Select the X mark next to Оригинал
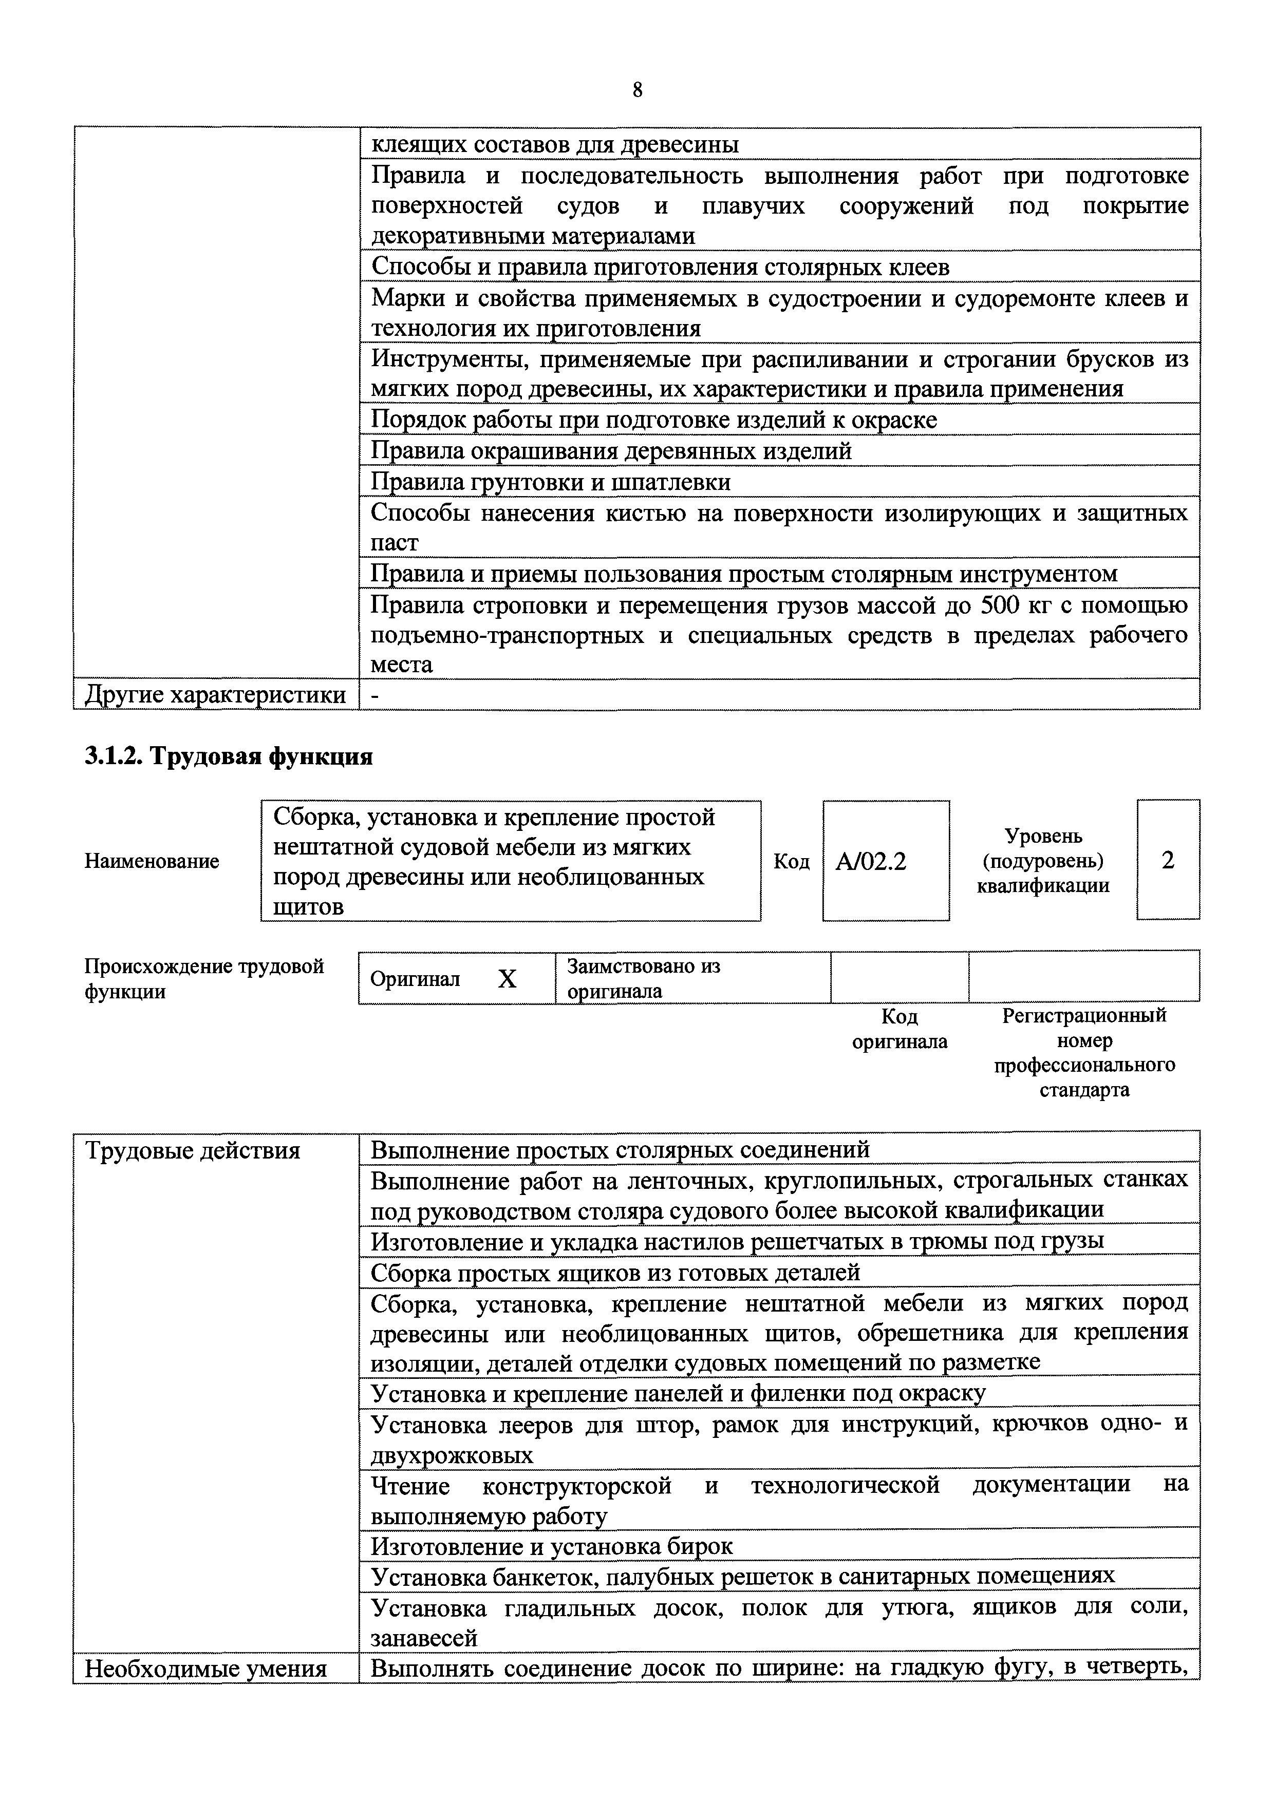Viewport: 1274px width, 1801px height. coord(508,978)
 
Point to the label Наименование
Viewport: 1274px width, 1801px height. coord(152,861)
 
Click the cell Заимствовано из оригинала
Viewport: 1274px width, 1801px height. coord(643,978)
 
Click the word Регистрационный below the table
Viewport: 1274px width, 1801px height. coord(1084,1016)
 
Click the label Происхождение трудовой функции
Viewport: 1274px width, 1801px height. coord(204,978)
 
